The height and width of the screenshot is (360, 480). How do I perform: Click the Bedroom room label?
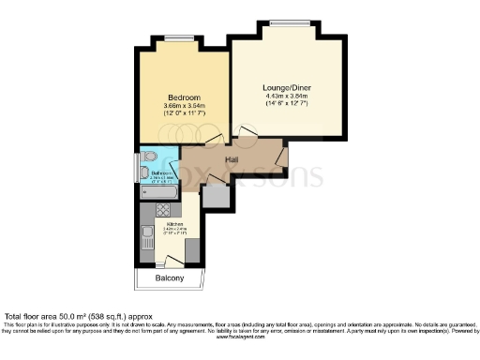tap(183, 97)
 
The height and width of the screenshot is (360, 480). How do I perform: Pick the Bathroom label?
tap(159, 172)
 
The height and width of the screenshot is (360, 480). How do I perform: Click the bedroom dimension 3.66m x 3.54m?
tap(183, 106)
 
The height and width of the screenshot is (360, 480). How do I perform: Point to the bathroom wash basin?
tap(144, 172)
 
